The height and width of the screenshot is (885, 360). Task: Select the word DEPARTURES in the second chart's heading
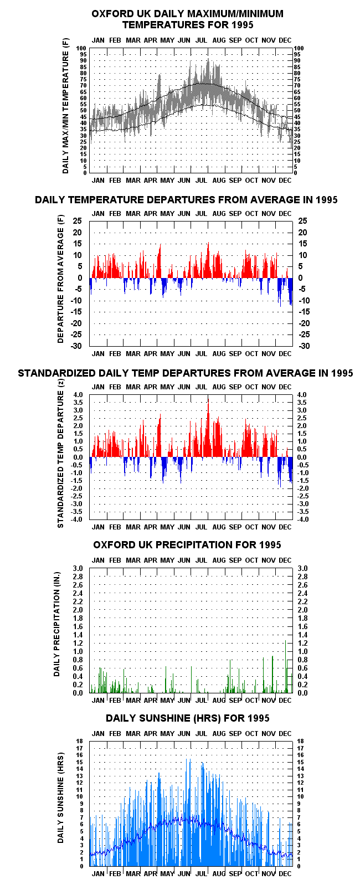[x=174, y=200]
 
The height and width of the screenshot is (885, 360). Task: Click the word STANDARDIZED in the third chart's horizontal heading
[x=54, y=373]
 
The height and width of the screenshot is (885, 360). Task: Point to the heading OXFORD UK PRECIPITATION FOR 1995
[x=187, y=545]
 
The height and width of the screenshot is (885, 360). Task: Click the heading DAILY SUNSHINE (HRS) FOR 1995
[x=188, y=718]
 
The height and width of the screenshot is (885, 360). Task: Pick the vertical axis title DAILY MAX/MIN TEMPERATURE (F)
[x=65, y=106]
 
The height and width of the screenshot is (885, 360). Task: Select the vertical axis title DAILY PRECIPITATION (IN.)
[x=57, y=624]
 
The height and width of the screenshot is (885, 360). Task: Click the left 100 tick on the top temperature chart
[x=81, y=49]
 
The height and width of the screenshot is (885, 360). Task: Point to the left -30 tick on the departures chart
[x=77, y=346]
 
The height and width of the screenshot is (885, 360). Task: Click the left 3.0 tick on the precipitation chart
[x=78, y=569]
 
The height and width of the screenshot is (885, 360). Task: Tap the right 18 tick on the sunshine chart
[x=301, y=741]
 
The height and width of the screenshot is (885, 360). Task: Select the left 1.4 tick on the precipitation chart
[x=78, y=635]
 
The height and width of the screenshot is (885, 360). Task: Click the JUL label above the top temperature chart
[x=201, y=40]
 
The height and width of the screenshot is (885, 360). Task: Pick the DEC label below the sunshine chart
[x=285, y=873]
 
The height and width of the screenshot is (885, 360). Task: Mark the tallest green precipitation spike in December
[x=285, y=668]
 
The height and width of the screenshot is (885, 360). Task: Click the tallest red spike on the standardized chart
[x=208, y=428]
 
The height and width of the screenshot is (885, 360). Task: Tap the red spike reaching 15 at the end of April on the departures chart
[x=160, y=261]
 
